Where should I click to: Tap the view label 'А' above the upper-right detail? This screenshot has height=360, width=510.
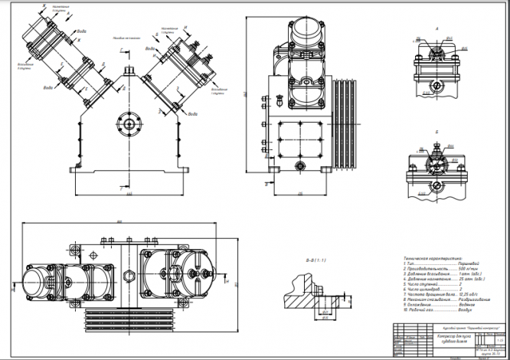(x=436, y=27)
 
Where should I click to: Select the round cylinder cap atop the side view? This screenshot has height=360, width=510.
(x=304, y=34)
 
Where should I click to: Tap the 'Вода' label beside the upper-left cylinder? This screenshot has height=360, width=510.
(x=83, y=34)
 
